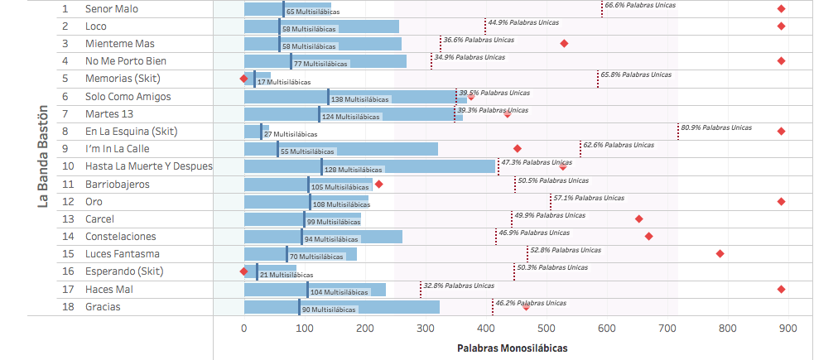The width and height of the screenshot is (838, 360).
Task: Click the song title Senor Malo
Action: click(112, 8)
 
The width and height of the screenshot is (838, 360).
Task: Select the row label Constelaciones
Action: click(120, 237)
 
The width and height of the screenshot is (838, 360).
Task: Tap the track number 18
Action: click(65, 307)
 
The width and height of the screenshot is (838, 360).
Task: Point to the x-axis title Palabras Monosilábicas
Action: click(513, 348)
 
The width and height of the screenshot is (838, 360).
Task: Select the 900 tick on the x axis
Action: click(788, 329)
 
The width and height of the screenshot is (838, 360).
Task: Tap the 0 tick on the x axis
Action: click(244, 329)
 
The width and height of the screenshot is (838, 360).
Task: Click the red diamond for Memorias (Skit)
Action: click(243, 79)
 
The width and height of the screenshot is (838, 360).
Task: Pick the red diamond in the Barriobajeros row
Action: click(379, 184)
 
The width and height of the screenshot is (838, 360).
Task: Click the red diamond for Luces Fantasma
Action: click(720, 253)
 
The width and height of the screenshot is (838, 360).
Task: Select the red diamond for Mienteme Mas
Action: click(565, 43)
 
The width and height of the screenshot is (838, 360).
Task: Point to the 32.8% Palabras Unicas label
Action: click(460, 286)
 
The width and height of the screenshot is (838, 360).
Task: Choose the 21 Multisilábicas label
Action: click(287, 275)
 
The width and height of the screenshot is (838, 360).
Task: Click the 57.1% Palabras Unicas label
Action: click(589, 199)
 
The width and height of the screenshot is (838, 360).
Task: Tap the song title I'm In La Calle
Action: click(117, 149)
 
